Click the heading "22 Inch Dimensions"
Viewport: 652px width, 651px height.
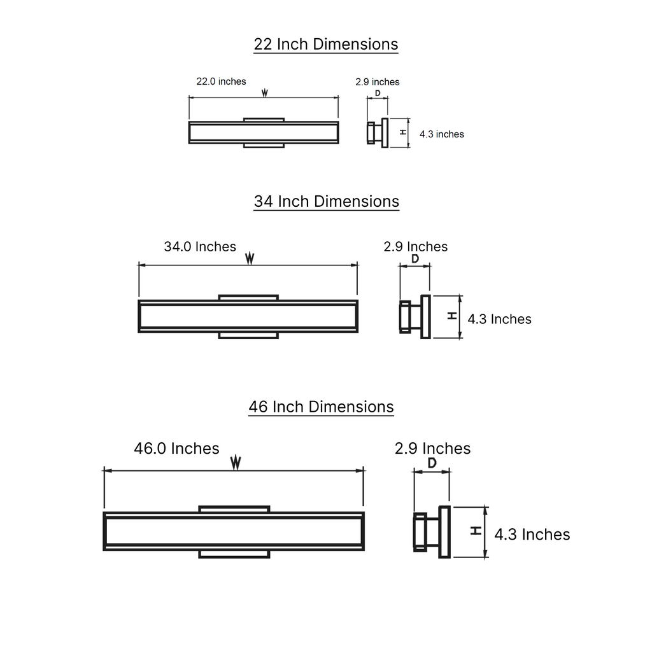[x=325, y=44]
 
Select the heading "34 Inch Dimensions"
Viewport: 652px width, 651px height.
[x=327, y=201]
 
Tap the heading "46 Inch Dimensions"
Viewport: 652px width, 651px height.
[x=321, y=407]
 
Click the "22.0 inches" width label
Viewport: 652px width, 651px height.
[x=221, y=81]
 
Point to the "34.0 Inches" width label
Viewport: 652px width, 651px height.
[x=200, y=246]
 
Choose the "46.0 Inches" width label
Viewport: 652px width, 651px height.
[x=177, y=449]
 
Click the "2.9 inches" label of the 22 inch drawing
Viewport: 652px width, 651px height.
[x=377, y=82]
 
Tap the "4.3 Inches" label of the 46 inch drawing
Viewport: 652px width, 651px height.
[x=532, y=535]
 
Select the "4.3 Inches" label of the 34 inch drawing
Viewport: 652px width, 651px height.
[x=499, y=319]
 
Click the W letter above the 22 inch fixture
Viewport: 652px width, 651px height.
[x=264, y=93]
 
